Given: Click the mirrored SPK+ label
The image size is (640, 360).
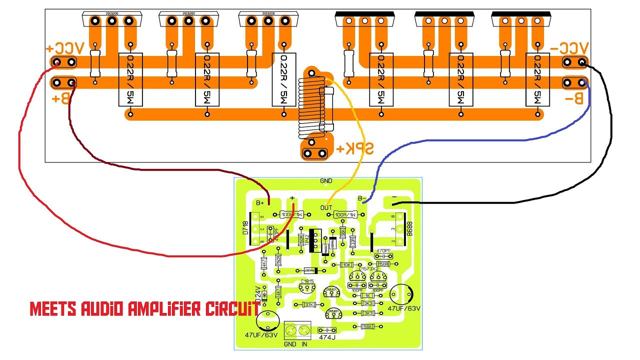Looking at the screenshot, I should tap(354, 149).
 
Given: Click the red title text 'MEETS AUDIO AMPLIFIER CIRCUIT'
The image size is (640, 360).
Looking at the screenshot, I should tap(144, 309).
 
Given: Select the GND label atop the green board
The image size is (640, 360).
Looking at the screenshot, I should tap(325, 181).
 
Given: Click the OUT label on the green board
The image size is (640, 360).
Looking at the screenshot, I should tap(326, 207).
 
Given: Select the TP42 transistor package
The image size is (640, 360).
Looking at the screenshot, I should tap(315, 242).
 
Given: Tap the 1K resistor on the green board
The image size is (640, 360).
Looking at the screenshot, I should tap(368, 295).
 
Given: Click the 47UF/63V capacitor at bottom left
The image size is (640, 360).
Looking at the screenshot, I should tap(268, 320).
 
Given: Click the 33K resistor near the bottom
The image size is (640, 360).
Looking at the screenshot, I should tap(309, 304).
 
